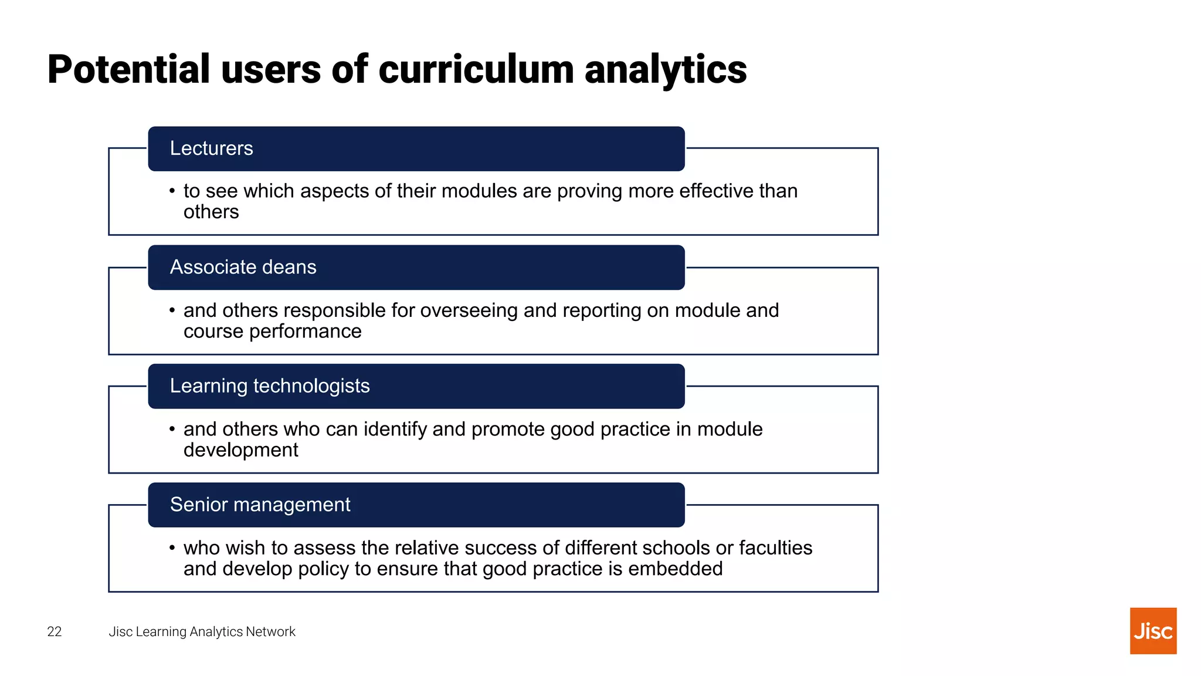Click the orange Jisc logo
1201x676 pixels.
(1153, 631)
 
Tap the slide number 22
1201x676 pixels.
(54, 631)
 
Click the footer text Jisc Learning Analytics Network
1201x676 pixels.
(202, 631)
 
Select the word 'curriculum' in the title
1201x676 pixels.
(476, 69)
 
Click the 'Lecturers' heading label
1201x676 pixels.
(211, 148)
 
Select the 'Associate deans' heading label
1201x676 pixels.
(243, 267)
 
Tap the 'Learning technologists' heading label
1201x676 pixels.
(270, 386)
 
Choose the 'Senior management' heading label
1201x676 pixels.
(260, 505)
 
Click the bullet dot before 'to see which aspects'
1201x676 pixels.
(172, 191)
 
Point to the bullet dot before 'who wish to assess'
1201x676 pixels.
(172, 548)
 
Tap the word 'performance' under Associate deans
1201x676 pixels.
(305, 332)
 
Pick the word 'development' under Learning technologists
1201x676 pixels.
(240, 450)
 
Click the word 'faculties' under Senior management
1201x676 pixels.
(775, 548)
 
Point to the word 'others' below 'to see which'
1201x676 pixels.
(211, 212)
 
